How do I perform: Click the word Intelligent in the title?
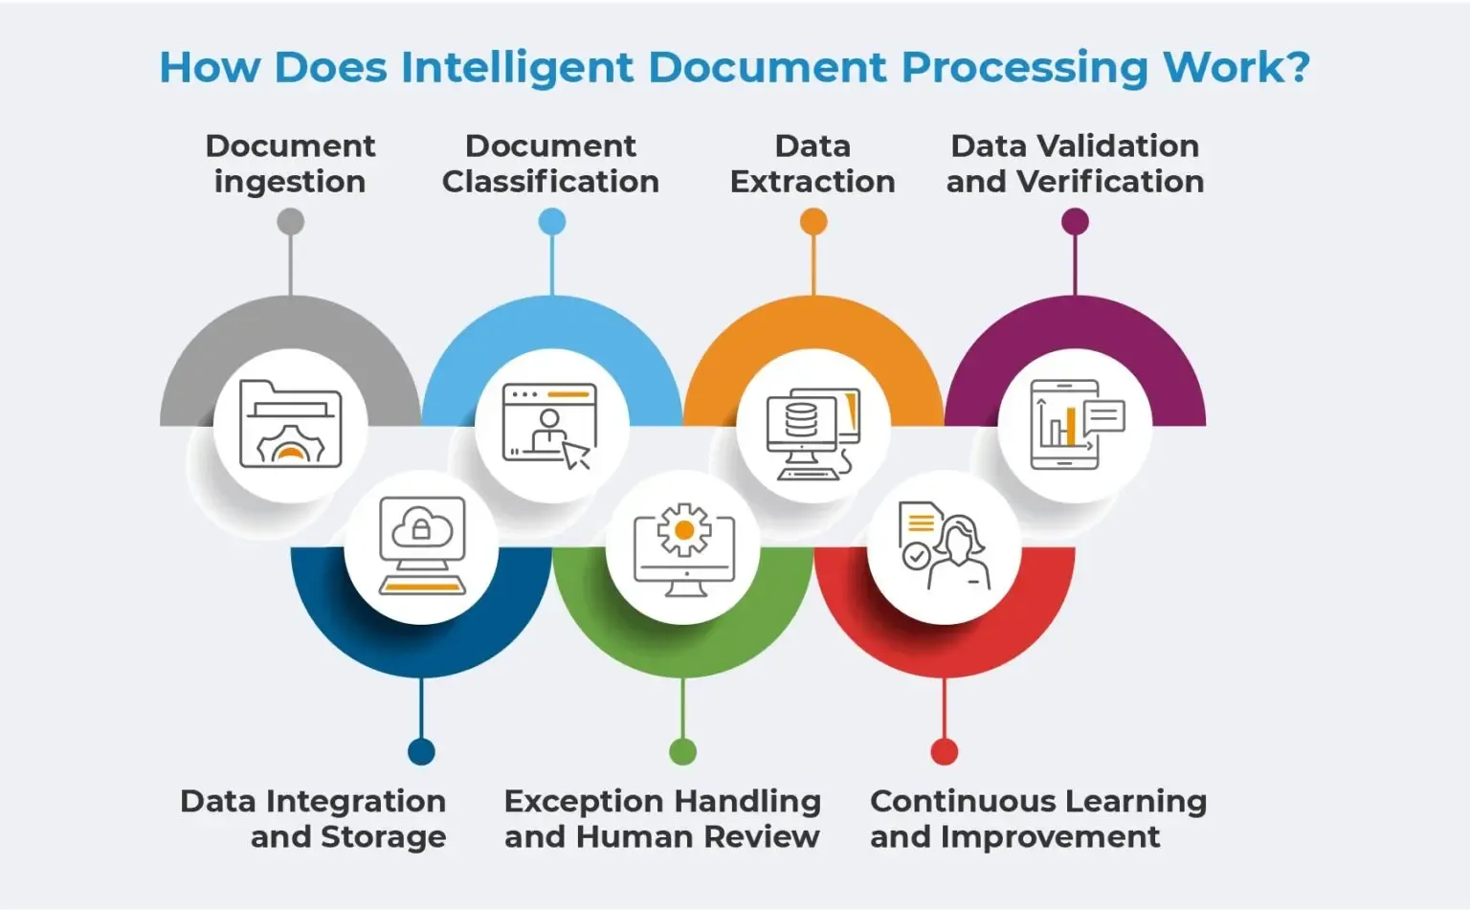[517, 68]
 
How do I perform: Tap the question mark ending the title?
[1298, 67]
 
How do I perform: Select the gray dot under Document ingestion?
[290, 222]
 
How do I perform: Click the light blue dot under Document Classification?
[552, 222]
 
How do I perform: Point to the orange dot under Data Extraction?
[813, 222]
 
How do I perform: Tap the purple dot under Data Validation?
[1075, 222]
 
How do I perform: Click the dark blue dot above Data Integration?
[421, 751]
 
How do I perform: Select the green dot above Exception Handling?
[682, 751]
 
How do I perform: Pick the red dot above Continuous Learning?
[945, 751]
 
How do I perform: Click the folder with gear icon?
[290, 424]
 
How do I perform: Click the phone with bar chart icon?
[1075, 425]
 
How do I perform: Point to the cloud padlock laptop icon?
[422, 545]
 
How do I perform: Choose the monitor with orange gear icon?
[683, 547]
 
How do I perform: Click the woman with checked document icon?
[944, 545]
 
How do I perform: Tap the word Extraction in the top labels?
[813, 182]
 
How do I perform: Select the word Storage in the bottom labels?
[383, 837]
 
